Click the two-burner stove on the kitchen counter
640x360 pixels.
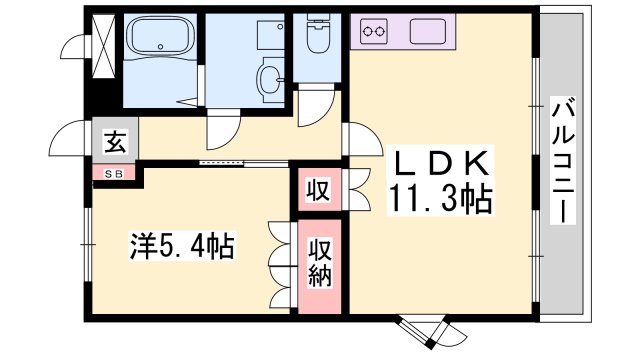[x=375, y=34]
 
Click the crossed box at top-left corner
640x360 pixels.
[x=101, y=44]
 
